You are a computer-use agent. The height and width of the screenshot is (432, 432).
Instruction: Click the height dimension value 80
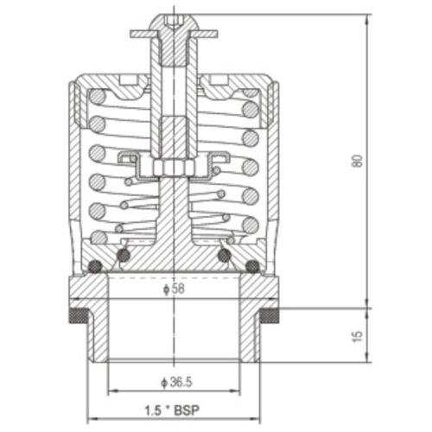357,162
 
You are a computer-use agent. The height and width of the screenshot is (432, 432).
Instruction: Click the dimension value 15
357,336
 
